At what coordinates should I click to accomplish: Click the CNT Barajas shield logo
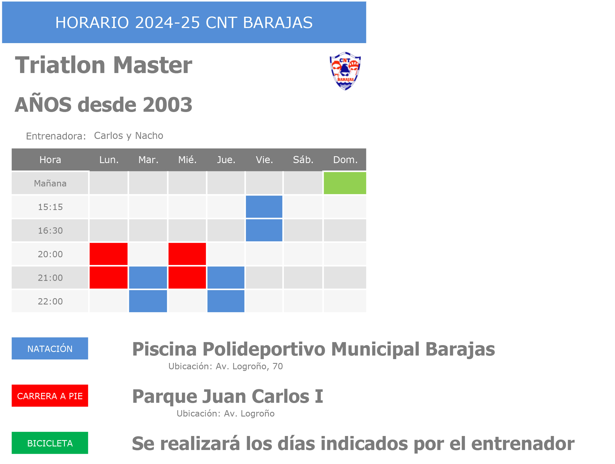pyautogui.click(x=345, y=71)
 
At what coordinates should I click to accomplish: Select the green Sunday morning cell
pyautogui.click(x=345, y=183)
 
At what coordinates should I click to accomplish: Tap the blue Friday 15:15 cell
pyautogui.click(x=264, y=207)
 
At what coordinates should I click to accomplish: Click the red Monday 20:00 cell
pyautogui.click(x=109, y=254)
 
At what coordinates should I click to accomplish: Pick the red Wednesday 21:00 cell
pyautogui.click(x=187, y=278)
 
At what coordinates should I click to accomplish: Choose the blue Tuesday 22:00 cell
pyautogui.click(x=148, y=301)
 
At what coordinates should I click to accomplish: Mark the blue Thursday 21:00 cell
pyautogui.click(x=226, y=278)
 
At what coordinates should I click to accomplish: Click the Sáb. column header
pyautogui.click(x=303, y=160)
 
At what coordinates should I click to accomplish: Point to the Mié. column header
pyautogui.click(x=187, y=160)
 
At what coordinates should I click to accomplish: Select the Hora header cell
pyautogui.click(x=50, y=160)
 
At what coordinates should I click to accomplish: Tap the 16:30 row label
pyautogui.click(x=50, y=231)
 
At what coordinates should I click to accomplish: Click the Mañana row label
pyautogui.click(x=50, y=183)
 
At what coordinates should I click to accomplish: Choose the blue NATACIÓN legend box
pyautogui.click(x=50, y=348)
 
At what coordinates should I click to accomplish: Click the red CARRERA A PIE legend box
pyautogui.click(x=50, y=396)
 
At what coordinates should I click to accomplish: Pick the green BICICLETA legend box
pyautogui.click(x=50, y=443)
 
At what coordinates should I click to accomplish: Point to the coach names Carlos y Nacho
pyautogui.click(x=128, y=136)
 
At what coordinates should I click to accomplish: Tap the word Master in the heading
pyautogui.click(x=152, y=65)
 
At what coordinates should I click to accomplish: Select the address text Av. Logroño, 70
pyautogui.click(x=249, y=367)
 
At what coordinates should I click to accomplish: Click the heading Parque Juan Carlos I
pyautogui.click(x=228, y=396)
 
